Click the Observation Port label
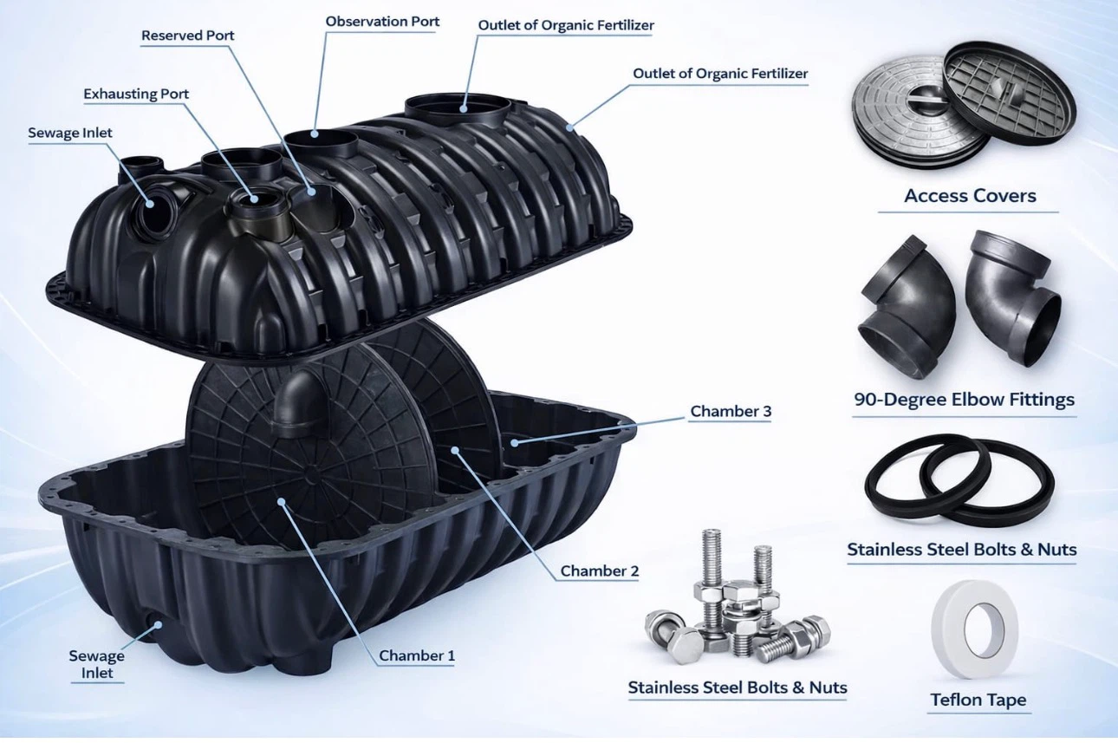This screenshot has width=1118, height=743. [x=382, y=22]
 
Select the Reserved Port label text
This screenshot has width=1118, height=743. [x=188, y=36]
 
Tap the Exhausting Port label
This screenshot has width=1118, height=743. [x=136, y=94]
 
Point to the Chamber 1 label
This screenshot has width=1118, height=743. [x=417, y=655]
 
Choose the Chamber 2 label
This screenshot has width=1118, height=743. [x=600, y=570]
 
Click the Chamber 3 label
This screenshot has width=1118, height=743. [x=731, y=411]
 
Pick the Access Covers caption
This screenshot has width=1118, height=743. [x=970, y=196]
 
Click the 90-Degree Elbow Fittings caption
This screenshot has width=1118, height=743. [x=965, y=400]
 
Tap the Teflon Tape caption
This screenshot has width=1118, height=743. [x=978, y=700]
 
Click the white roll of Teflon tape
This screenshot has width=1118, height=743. [x=975, y=629]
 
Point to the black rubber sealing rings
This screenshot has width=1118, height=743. [x=959, y=480]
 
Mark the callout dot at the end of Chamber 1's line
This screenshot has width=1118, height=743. [x=282, y=501]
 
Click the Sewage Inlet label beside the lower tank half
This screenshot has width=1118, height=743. [x=97, y=664]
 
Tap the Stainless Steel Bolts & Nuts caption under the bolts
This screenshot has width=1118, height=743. [x=738, y=687]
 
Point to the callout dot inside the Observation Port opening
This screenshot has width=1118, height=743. [x=315, y=134]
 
